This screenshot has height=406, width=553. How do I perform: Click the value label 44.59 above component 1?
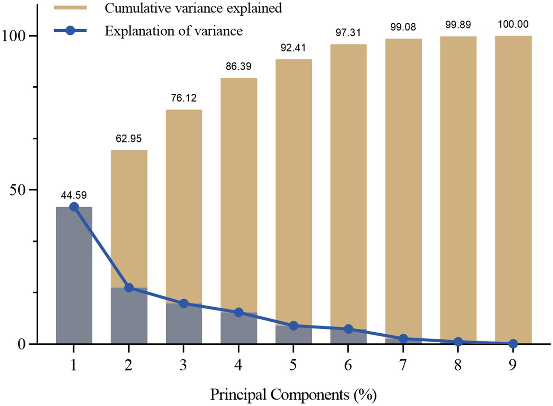point(74,195)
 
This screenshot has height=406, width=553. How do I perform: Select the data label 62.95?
point(129,139)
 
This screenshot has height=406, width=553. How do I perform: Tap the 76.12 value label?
point(184,98)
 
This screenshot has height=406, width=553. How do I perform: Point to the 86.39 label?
point(239,66)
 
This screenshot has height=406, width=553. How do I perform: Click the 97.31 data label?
point(348,33)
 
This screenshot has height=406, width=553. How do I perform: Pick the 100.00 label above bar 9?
point(513,24)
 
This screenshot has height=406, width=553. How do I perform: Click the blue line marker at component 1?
point(74,207)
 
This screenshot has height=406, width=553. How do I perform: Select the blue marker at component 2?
point(129,288)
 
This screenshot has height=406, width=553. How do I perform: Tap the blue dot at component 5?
point(294,326)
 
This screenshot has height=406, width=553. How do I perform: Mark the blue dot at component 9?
point(513,344)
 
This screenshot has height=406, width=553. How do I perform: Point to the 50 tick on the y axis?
point(18,190)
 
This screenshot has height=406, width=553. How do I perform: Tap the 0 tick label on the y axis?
point(22,344)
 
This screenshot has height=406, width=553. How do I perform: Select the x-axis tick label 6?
point(348,365)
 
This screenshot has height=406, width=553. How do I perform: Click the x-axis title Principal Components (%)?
point(293,395)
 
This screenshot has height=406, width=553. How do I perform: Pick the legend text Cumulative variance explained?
point(193,8)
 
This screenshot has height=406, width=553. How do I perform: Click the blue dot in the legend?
point(70,30)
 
